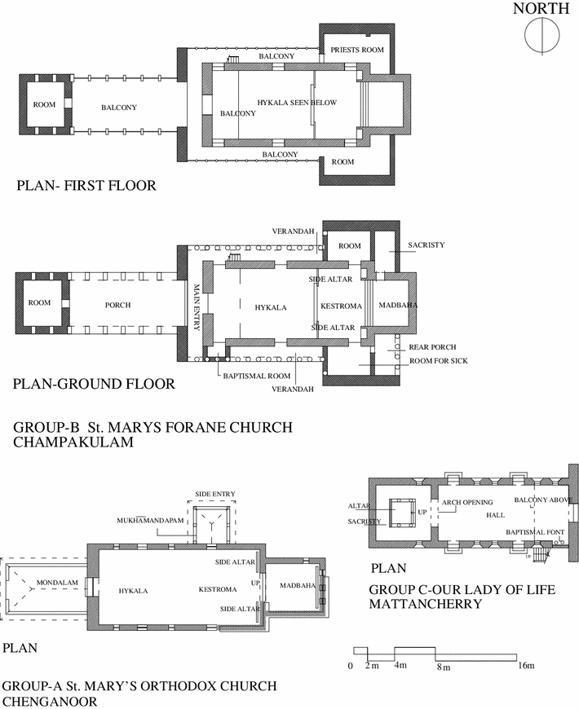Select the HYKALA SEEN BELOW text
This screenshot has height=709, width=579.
[296, 103]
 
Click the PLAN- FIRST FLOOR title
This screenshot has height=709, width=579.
[86, 186]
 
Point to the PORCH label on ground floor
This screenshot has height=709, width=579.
[118, 305]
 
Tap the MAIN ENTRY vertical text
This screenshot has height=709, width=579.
[197, 305]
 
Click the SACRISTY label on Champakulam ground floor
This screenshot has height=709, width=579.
[426, 245]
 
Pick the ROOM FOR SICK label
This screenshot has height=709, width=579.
[438, 360]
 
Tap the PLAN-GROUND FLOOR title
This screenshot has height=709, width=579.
[95, 384]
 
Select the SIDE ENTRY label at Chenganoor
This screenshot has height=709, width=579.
[214, 494]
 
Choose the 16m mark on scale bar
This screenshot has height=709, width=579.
[526, 667]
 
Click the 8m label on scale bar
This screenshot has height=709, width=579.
[443, 667]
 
